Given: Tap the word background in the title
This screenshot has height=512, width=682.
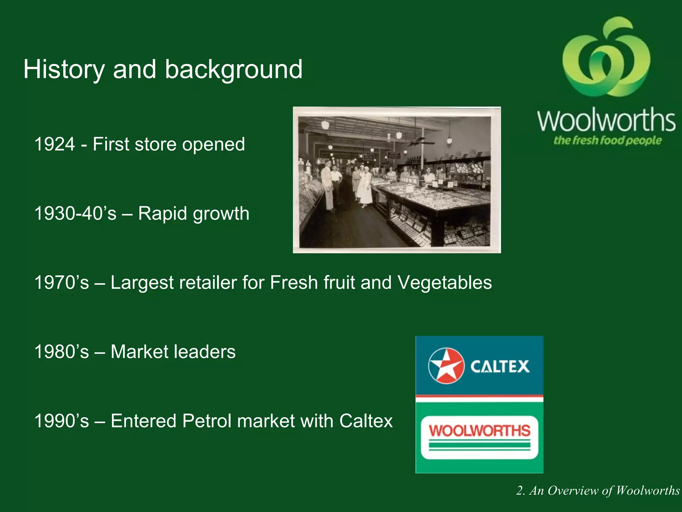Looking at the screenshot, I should coord(234,69).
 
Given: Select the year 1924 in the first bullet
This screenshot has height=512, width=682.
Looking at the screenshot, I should coord(55,144).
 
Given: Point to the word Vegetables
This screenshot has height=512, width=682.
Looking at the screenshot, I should coord(445,283).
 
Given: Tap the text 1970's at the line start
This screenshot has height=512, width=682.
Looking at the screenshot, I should coord(62,283).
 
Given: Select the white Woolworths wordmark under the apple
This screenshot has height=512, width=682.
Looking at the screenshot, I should coord(606,120).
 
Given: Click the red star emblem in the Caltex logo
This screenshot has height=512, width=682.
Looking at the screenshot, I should coord(446,366).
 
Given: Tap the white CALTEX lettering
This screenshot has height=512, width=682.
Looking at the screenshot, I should coord(500,367).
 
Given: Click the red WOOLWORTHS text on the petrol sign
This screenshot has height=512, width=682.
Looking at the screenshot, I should coord(480,430).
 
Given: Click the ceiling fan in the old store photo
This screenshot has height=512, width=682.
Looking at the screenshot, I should coord(421,143).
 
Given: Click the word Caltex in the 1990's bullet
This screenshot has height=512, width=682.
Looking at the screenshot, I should coord(366,421).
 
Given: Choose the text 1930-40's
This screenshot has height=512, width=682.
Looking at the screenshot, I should coord(75,213).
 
